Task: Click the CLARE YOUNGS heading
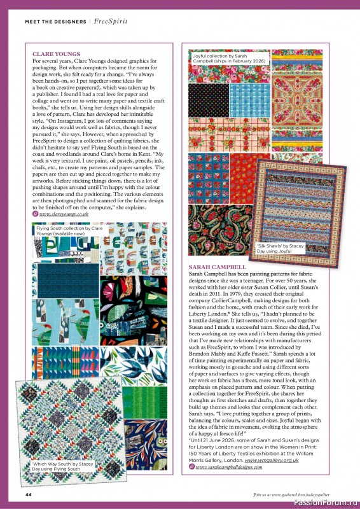[56, 54]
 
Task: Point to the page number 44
[29, 494]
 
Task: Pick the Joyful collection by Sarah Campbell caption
[229, 59]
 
